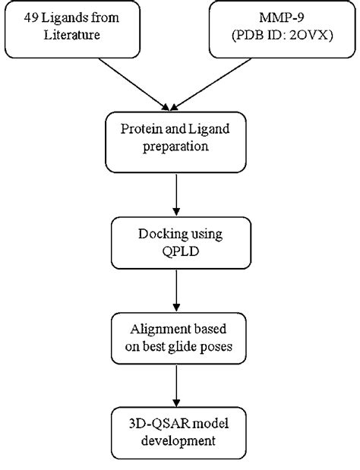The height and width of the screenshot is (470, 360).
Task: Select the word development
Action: [178, 440]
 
